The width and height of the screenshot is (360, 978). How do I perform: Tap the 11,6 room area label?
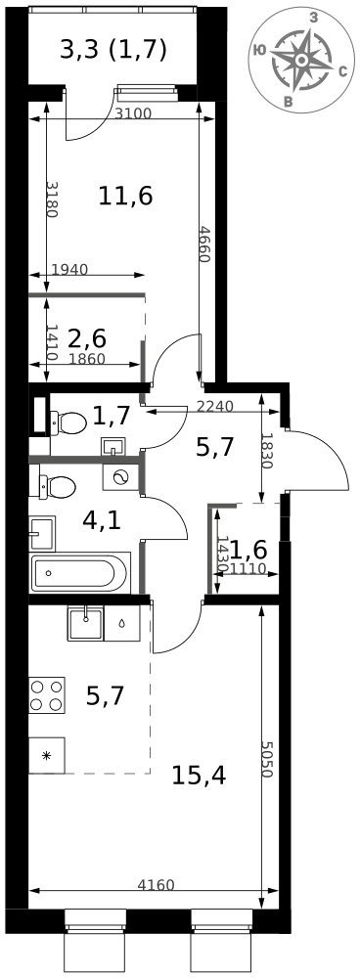click(125, 197)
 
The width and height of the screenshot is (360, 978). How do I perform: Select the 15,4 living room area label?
click(199, 776)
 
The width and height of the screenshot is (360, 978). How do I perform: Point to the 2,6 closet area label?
click(86, 339)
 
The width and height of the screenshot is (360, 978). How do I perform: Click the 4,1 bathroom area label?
click(103, 519)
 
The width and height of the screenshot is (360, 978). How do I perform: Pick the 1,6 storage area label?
click(248, 550)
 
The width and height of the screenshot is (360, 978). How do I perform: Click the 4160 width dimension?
click(156, 884)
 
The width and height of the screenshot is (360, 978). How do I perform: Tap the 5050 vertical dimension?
click(266, 759)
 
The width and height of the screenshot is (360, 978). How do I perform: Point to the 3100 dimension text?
click(133, 112)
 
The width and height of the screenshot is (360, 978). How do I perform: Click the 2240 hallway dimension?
click(214, 407)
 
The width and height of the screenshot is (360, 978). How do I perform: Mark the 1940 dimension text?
click(69, 270)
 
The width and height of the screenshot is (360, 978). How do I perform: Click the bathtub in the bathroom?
click(80, 572)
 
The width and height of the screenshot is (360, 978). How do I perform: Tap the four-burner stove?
click(47, 695)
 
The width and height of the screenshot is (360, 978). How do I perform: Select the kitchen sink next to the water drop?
click(86, 622)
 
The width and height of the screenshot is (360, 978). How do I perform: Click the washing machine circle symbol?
click(121, 476)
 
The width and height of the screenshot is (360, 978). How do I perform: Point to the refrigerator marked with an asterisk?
click(47, 755)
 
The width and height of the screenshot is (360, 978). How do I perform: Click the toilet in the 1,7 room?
click(67, 422)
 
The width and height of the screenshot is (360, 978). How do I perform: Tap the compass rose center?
click(300, 60)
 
